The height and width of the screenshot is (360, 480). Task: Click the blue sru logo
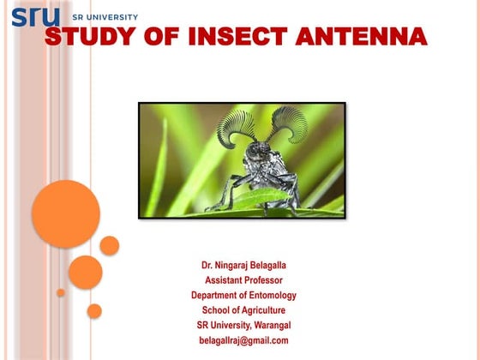(x=35, y=16)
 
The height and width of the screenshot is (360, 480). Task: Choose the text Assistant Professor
(x=243, y=280)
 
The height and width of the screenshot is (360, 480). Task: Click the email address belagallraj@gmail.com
(x=243, y=340)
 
